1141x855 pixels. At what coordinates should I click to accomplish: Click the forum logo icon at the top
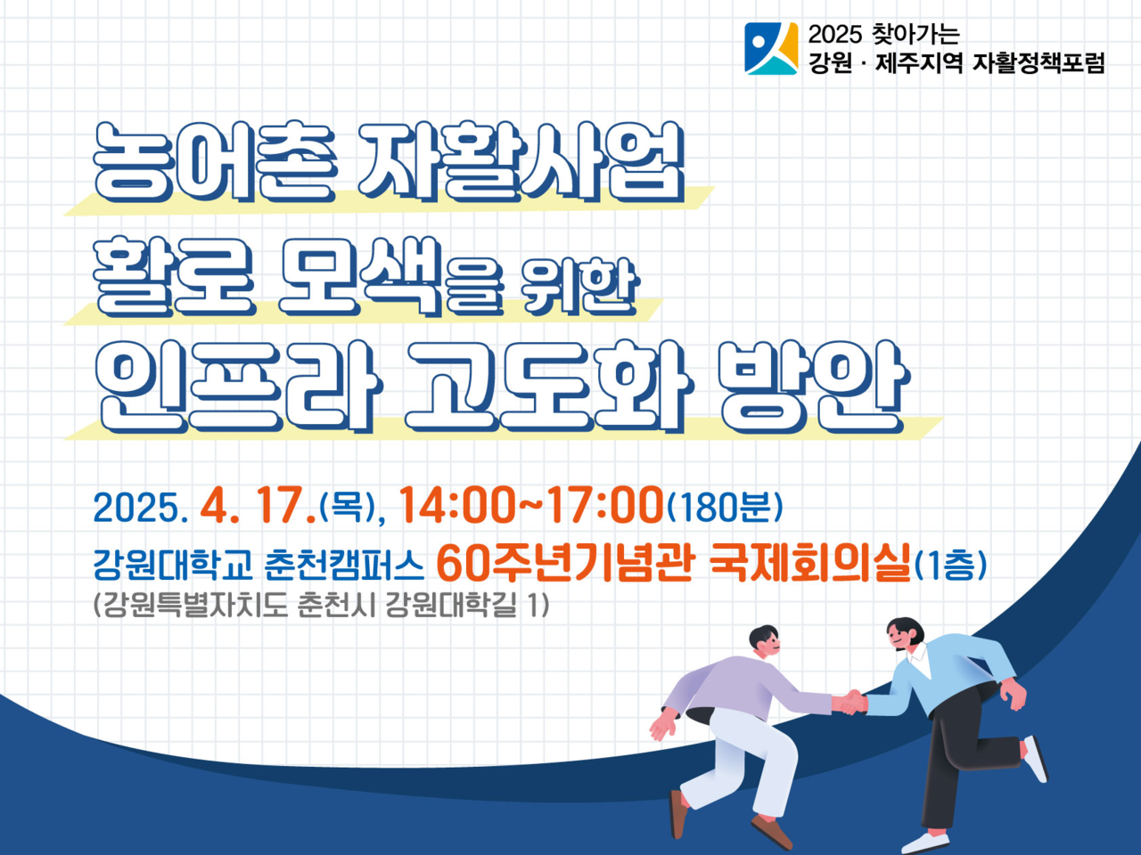pyautogui.click(x=771, y=48)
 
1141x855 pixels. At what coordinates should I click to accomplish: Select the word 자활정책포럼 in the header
pyautogui.click(x=1038, y=63)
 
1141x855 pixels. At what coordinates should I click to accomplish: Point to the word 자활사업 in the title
pyautogui.click(x=521, y=161)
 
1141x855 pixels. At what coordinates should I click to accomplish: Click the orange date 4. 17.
pyautogui.click(x=258, y=505)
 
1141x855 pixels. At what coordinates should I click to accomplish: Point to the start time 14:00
pyautogui.click(x=456, y=505)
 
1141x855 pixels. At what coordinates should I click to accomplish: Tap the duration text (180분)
pyautogui.click(x=724, y=507)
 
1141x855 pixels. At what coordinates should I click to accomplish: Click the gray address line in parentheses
pyautogui.click(x=321, y=606)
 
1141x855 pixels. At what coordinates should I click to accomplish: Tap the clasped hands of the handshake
pyautogui.click(x=850, y=703)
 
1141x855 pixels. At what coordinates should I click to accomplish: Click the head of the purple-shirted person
pyautogui.click(x=764, y=641)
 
